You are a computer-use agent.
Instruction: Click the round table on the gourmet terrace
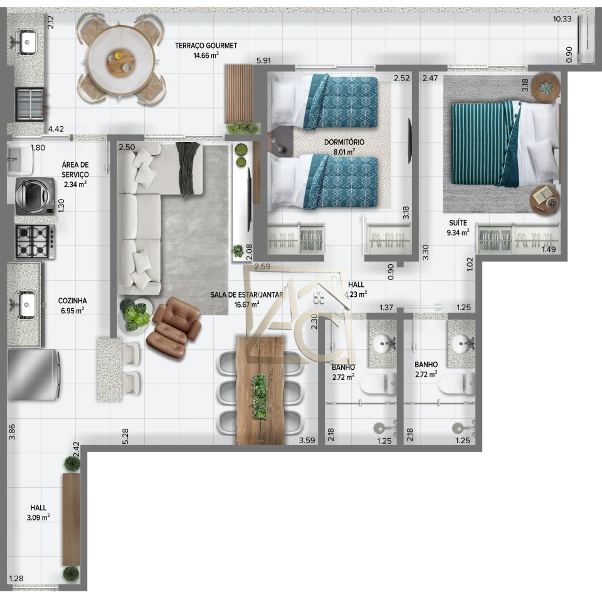[120, 60]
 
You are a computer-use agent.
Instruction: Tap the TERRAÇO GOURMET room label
[206, 46]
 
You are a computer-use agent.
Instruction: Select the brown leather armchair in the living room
[173, 326]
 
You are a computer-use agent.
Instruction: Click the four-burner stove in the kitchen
[34, 242]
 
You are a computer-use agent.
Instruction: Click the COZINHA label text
[72, 301]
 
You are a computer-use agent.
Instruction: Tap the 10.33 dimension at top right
[561, 19]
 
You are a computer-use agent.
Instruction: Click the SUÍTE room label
[457, 223]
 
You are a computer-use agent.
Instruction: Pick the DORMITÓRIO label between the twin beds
[344, 143]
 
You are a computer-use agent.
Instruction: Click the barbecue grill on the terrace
[29, 104]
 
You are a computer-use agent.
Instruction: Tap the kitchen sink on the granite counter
[26, 304]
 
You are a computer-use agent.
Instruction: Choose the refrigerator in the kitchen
[33, 374]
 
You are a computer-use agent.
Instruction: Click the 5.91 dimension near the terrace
[263, 61]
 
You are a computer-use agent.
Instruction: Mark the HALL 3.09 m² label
[38, 512]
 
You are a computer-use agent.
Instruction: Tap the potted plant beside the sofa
[135, 314]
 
